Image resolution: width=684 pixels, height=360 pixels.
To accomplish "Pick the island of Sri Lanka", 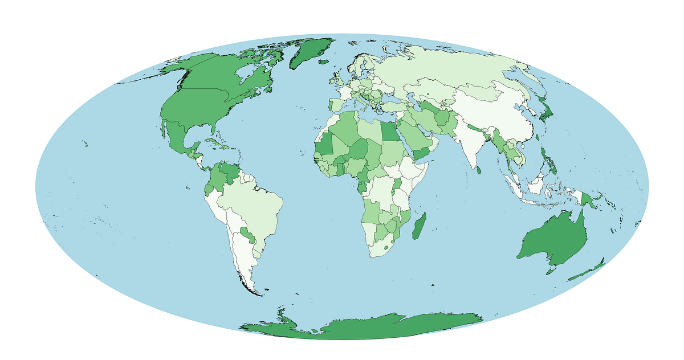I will point(479,169).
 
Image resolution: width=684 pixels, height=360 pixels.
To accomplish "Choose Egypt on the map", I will point(390,132).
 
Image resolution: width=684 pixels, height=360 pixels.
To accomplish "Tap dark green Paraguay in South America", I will point(246,234).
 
